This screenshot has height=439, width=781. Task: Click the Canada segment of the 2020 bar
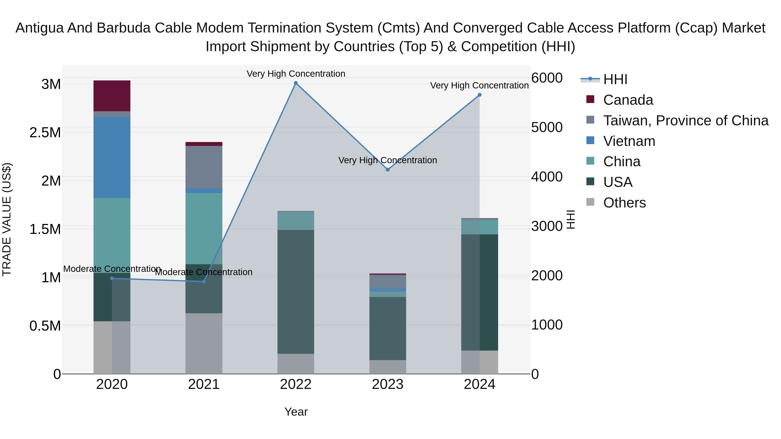[x=112, y=96]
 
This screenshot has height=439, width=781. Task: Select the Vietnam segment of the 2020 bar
[x=112, y=158]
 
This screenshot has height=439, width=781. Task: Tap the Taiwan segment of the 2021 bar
[x=204, y=167]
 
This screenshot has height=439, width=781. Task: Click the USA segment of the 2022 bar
[x=296, y=292]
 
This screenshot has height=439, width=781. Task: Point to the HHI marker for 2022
[x=296, y=83]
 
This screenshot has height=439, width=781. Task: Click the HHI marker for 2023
[x=387, y=170]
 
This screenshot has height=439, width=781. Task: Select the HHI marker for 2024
[x=479, y=95]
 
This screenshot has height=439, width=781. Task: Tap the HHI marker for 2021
[x=204, y=281]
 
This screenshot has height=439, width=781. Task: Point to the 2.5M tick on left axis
[x=45, y=133]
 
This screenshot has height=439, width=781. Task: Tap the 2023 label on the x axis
[x=387, y=384]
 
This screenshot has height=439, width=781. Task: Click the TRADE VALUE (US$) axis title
[x=7, y=219]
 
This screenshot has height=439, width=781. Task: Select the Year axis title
[x=296, y=412]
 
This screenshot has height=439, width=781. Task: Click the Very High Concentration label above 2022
[x=296, y=74]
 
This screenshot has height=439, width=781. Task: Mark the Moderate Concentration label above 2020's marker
[x=112, y=269]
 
